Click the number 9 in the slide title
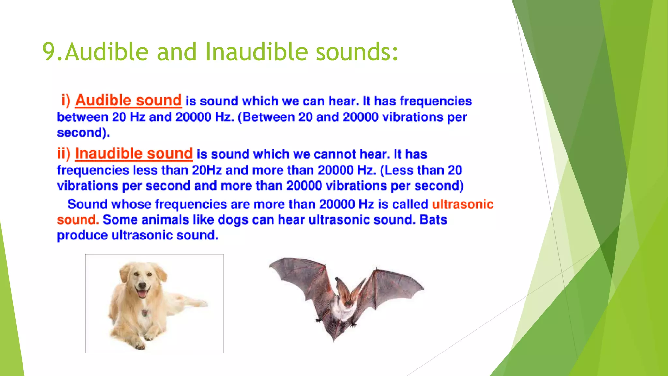coord(49,52)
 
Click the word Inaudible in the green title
coord(256,52)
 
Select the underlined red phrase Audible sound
coord(128,100)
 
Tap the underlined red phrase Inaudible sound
coord(134,153)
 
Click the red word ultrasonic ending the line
coord(463,204)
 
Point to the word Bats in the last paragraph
coord(433,220)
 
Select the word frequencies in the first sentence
coord(436,101)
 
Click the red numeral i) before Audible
coord(66,101)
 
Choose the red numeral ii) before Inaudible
coord(64,153)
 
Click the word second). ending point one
coord(83,133)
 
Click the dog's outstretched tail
coord(196,302)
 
